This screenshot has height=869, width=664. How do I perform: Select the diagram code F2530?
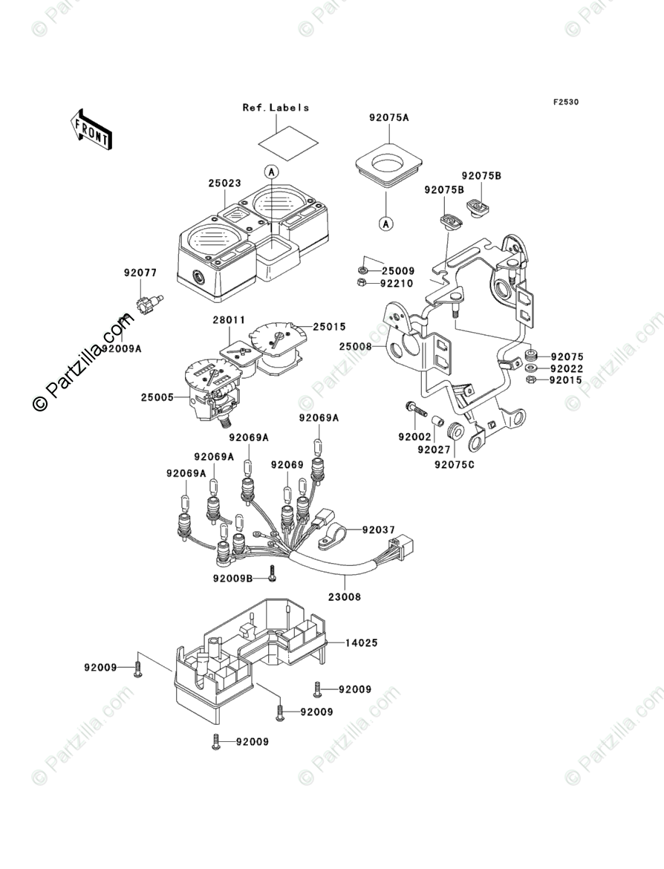point(564,102)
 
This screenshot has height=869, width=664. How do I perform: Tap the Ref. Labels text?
point(276,108)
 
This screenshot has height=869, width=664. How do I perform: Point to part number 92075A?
point(388,117)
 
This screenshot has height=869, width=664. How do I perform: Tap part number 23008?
point(345,596)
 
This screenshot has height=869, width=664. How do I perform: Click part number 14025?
point(361,642)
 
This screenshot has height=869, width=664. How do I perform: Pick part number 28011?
point(228,320)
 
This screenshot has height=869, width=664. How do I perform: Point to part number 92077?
point(140,273)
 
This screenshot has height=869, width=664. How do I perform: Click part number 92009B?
point(232,578)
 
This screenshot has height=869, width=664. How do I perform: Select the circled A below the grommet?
point(386,222)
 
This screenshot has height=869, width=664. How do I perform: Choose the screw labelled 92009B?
point(273,573)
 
